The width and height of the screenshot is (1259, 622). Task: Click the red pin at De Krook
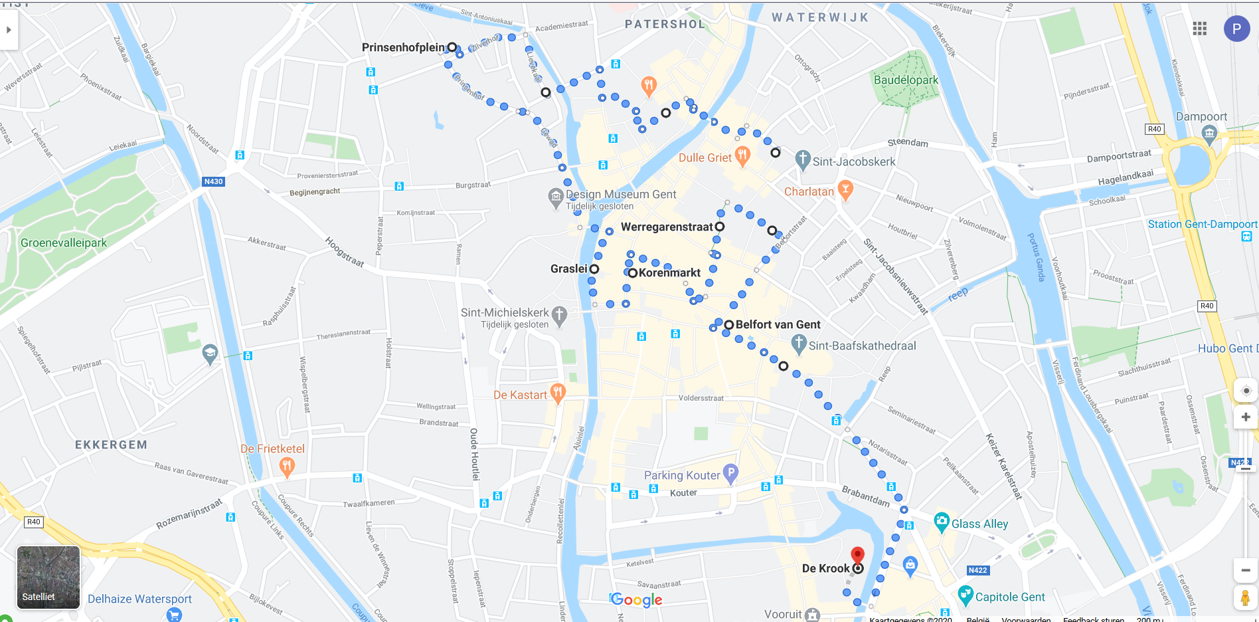click(858, 555)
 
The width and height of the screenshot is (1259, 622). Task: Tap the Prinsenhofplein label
click(403, 47)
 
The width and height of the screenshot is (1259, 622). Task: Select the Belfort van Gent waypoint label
click(778, 324)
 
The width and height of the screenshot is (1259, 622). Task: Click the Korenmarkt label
click(669, 272)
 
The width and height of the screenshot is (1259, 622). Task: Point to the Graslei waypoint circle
click(594, 269)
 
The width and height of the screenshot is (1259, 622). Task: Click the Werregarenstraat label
click(667, 227)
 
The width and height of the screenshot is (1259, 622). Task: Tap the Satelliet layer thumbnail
click(48, 577)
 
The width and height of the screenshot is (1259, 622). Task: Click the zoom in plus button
click(1246, 417)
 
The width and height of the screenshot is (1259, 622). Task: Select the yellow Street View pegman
click(1245, 597)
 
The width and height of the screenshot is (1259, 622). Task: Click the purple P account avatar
click(1236, 29)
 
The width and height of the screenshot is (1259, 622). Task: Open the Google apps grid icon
click(1199, 29)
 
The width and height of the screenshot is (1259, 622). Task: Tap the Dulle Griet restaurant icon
click(742, 155)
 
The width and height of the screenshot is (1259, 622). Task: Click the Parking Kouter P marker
click(730, 473)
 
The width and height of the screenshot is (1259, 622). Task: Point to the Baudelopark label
click(906, 80)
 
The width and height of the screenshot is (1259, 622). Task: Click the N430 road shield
click(213, 181)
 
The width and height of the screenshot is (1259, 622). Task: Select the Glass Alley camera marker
click(941, 522)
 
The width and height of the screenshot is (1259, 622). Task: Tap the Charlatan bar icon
click(845, 189)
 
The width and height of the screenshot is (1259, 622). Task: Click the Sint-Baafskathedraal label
click(862, 346)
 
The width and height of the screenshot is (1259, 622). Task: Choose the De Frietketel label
click(272, 449)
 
